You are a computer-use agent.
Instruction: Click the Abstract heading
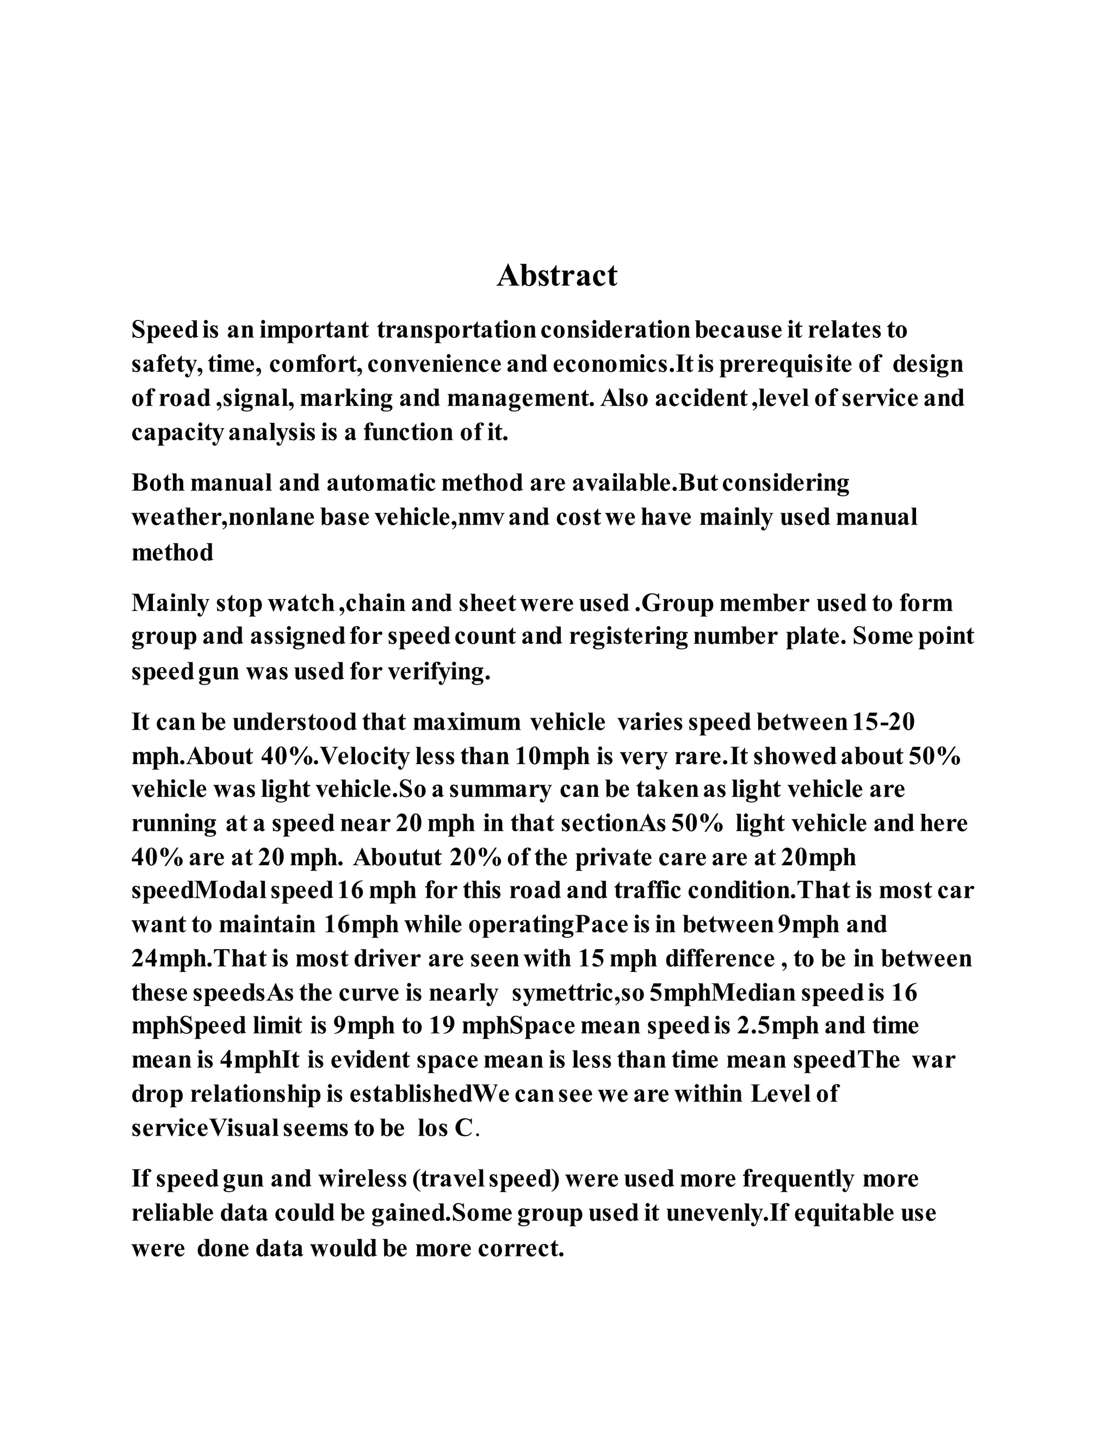(556, 276)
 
